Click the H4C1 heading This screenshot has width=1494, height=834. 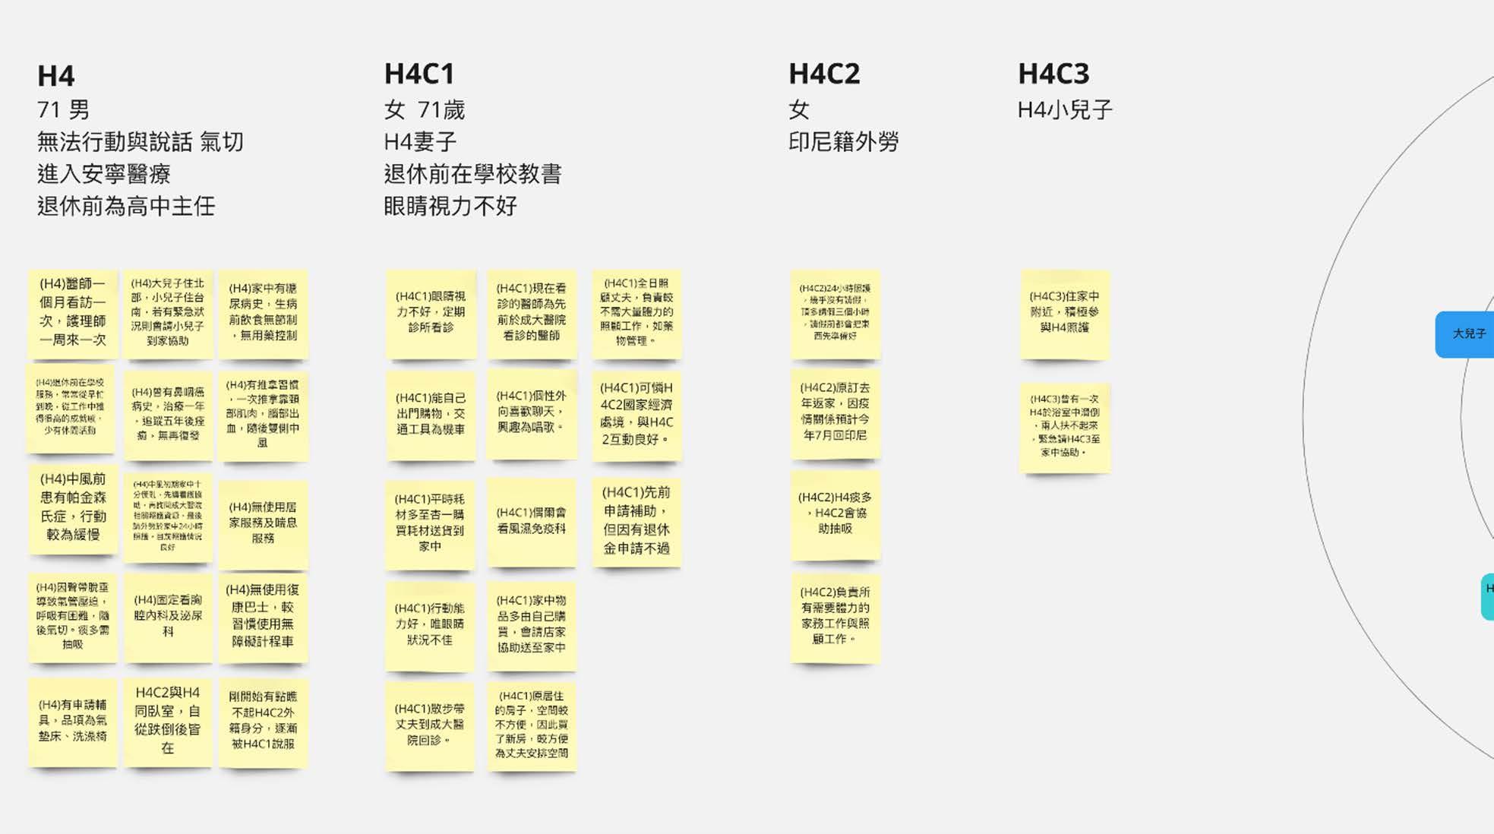coord(419,74)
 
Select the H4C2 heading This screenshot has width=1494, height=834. coord(824,74)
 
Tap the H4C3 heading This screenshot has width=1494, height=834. coord(1053,74)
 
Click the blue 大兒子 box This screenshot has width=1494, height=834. coord(1466,333)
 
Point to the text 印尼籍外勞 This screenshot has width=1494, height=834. coord(843,142)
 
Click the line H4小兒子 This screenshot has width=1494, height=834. coord(1065,110)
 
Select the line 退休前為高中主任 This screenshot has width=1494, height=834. coord(126,206)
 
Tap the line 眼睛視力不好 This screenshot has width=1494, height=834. coord(450,206)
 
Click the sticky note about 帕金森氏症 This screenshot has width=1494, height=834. coord(73,507)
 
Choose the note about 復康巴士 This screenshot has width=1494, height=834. coord(263,615)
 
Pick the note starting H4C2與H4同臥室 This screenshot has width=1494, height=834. coord(167,720)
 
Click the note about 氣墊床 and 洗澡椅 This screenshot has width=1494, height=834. coord(73,720)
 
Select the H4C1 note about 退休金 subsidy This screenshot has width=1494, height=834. coord(636,520)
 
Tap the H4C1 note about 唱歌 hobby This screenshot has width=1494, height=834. coord(531,412)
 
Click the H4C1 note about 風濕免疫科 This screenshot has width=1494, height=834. coord(531,520)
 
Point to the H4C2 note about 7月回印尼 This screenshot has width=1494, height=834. coord(835,412)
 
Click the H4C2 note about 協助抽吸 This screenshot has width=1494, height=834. coord(835,513)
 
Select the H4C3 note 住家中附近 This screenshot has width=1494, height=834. coord(1064,312)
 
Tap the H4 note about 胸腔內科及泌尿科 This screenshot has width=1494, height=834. coord(168,615)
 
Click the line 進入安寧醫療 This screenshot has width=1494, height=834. coord(104,174)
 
